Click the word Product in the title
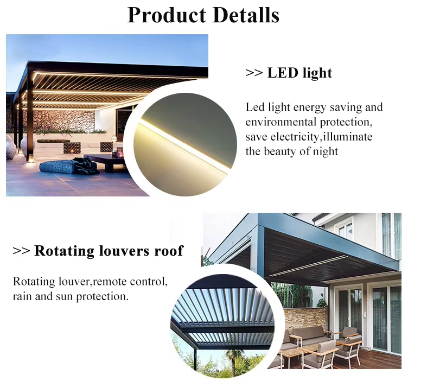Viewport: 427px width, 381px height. (x=167, y=15)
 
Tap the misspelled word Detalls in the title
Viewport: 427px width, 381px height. (x=246, y=15)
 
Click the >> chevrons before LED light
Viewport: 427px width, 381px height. (x=254, y=73)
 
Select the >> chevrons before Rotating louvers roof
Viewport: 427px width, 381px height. (x=21, y=251)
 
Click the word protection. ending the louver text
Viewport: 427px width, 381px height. (x=102, y=296)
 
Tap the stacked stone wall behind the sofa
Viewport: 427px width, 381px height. (x=304, y=319)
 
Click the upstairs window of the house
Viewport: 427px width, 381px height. (x=345, y=229)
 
